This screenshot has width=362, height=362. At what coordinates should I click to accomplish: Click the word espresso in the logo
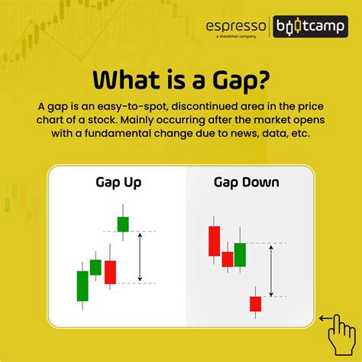[236, 26]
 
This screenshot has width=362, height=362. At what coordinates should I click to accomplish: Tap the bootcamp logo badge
[310, 27]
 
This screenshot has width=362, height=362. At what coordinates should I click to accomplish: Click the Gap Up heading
[118, 183]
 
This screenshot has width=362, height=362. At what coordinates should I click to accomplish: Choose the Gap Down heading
[247, 183]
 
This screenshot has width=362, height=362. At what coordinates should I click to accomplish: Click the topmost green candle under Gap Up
[123, 224]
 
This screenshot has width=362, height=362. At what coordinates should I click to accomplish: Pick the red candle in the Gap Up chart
[110, 272]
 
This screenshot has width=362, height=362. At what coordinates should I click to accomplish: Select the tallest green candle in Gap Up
[82, 286]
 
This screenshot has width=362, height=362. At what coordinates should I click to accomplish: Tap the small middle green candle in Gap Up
[95, 267]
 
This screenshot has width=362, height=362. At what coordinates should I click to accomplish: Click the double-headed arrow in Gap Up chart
[140, 257]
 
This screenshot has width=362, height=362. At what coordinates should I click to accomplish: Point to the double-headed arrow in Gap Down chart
[271, 271]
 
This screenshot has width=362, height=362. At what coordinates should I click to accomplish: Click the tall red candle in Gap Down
[215, 241]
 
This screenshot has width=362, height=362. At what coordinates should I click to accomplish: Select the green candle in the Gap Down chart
[240, 255]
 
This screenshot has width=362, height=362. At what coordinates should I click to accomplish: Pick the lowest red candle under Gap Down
[255, 304]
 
